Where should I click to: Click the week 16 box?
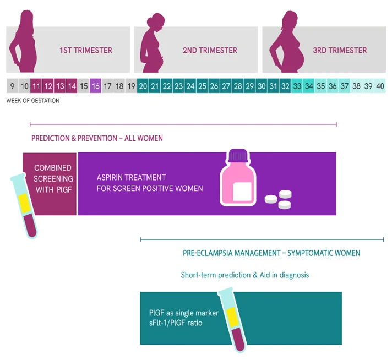click(x=95, y=86)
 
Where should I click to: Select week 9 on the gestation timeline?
click(x=12, y=86)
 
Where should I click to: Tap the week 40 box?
click(x=380, y=86)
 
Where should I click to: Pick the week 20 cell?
click(x=143, y=86)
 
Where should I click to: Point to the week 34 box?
click(x=309, y=86)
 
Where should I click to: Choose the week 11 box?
click(x=36, y=86)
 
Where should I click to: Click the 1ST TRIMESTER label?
click(x=86, y=50)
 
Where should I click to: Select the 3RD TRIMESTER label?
click(x=340, y=50)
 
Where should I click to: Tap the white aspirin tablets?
click(x=279, y=199)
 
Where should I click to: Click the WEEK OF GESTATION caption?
click(x=32, y=101)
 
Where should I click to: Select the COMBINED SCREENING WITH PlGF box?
click(x=52, y=178)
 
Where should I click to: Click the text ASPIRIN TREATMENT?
click(x=131, y=178)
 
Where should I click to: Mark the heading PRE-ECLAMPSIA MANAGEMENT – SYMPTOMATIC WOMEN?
click(x=271, y=253)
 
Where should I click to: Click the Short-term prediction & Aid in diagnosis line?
click(x=245, y=275)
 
